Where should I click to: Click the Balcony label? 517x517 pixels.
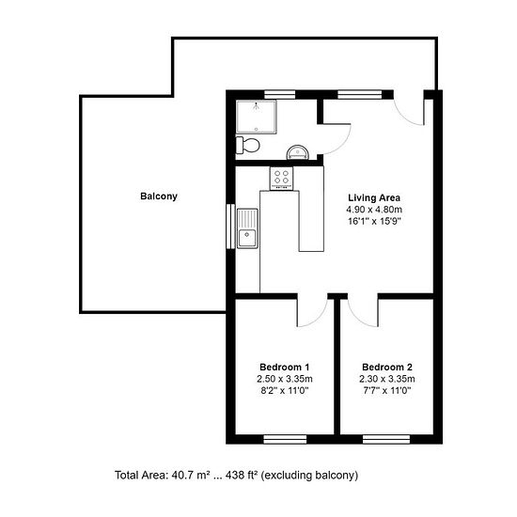tap(159, 196)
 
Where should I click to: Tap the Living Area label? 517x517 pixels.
tap(374, 197)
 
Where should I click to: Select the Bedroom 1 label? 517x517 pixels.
tap(284, 367)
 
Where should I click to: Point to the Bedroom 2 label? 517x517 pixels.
tap(387, 367)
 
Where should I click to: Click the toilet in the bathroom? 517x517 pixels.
tap(247, 145)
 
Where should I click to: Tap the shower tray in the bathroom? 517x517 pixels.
tap(257, 117)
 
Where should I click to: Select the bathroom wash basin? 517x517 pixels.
tap(298, 152)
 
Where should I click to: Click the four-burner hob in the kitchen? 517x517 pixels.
tap(281, 179)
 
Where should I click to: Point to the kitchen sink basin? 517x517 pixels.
tap(247, 228)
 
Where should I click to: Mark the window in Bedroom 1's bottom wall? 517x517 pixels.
tap(285, 439)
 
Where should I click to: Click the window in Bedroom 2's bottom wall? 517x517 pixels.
tap(386, 439)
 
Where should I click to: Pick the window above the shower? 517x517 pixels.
tap(279, 95)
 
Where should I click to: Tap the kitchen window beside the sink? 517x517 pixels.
tap(230, 227)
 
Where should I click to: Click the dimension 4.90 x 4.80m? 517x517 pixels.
tap(374, 210)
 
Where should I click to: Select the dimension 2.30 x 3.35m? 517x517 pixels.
tap(387, 379)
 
